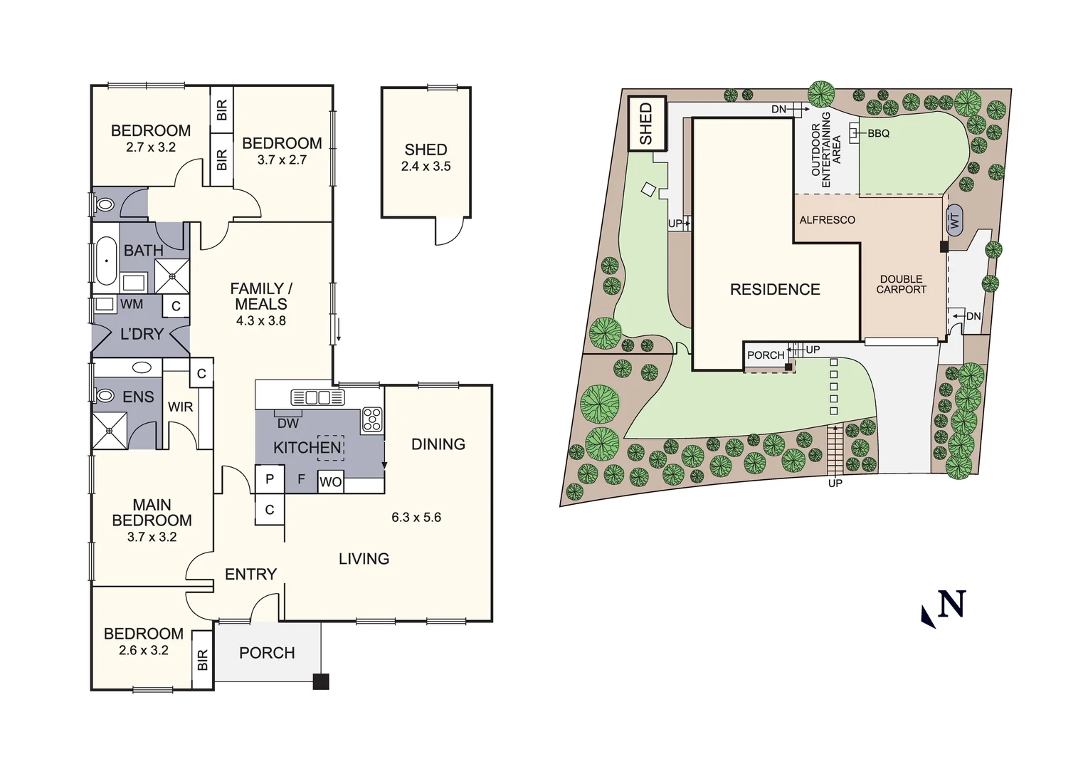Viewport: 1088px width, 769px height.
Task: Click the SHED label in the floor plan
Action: [426, 150]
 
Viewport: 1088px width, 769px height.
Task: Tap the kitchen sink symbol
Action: [317, 397]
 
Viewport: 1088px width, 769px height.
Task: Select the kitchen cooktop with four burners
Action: [371, 419]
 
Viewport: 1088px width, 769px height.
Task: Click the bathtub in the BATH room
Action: [106, 261]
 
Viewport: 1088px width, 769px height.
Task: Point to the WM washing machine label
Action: [132, 304]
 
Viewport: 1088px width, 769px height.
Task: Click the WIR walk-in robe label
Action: [180, 407]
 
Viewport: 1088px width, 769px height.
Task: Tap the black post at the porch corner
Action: [321, 681]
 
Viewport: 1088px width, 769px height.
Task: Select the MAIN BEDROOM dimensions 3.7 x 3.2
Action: [152, 537]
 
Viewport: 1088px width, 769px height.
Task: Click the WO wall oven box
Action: [330, 481]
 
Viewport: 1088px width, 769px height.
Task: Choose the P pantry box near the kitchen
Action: [270, 479]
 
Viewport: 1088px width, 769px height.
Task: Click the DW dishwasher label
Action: [288, 423]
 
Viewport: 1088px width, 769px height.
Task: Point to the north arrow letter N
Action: [951, 605]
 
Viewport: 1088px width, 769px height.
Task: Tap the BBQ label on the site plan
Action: [878, 133]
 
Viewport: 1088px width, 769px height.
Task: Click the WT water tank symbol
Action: [954, 220]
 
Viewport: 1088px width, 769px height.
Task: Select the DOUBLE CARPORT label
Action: [901, 284]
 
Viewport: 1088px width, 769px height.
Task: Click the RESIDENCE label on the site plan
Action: [775, 289]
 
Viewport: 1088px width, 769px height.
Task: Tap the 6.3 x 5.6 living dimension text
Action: [416, 517]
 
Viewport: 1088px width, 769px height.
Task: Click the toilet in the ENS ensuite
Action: [105, 395]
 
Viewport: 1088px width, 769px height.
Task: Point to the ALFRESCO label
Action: [827, 220]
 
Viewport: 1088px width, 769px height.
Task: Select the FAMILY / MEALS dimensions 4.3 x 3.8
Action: [261, 320]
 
